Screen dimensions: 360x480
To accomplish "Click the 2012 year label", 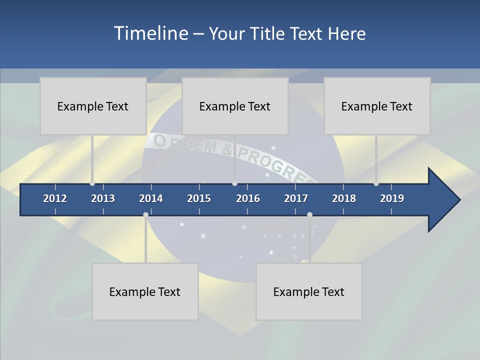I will click(x=55, y=198).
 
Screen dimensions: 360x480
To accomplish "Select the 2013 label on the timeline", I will click(x=103, y=198).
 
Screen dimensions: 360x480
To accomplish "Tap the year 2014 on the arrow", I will click(x=151, y=198).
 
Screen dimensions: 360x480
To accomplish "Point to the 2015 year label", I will click(x=199, y=198).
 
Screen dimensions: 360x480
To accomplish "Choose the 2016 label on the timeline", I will click(x=248, y=198).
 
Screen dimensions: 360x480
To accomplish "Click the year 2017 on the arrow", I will click(x=296, y=198).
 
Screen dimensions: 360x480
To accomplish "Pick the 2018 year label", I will click(x=344, y=198).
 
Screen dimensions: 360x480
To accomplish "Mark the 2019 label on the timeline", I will click(x=392, y=198).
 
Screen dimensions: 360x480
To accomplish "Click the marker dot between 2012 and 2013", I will click(x=92, y=183).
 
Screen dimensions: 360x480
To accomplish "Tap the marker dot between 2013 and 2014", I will click(x=145, y=214).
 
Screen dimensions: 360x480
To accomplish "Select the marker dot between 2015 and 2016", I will click(x=234, y=183).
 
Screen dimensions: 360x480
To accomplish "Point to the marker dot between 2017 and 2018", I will click(x=309, y=214).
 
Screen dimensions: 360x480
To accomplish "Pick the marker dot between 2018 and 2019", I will click(x=376, y=183).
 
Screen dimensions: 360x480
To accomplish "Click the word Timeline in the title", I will click(x=150, y=33).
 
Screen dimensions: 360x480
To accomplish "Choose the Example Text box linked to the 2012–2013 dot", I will click(x=93, y=106).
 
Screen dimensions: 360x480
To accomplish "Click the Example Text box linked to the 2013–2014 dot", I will click(x=145, y=291).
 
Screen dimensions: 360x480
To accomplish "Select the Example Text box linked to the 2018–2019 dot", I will click(x=377, y=106).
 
